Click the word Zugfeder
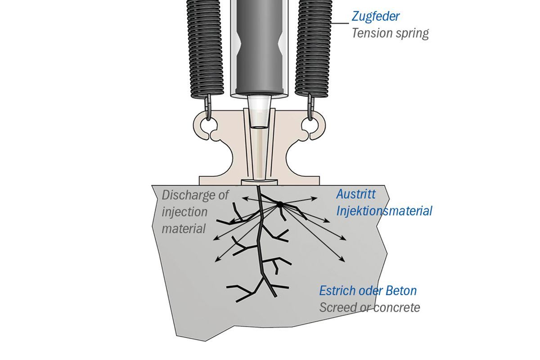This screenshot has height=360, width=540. click(x=376, y=17)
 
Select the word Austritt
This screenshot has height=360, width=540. click(x=355, y=194)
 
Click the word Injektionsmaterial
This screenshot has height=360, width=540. click(x=384, y=211)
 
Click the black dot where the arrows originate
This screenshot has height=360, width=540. click(x=279, y=204)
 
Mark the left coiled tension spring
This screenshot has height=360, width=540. click(x=205, y=47)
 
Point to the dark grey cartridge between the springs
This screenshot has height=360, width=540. click(x=258, y=45)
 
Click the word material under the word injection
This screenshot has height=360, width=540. click(x=184, y=228)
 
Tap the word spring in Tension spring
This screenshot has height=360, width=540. click(x=413, y=33)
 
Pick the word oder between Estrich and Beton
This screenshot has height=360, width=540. click(x=371, y=290)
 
